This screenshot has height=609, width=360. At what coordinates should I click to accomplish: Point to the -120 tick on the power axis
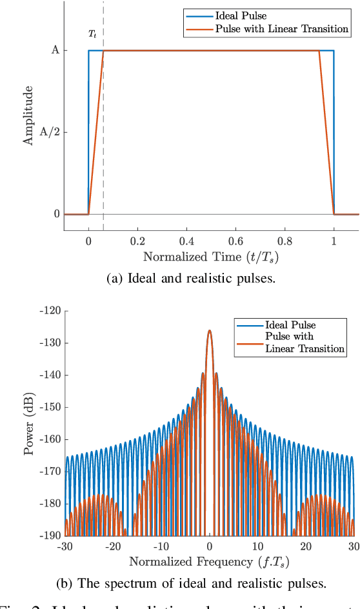point(49,311)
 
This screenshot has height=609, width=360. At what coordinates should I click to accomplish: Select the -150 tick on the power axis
point(49,407)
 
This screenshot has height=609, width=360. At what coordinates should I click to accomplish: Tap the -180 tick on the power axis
point(49,503)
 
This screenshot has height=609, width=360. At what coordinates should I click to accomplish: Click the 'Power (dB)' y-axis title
point(29,423)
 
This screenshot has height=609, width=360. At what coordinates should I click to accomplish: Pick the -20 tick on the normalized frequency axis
point(112,546)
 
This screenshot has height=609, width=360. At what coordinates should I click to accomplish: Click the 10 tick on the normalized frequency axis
point(257,546)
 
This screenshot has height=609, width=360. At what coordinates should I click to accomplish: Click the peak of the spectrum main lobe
point(209,330)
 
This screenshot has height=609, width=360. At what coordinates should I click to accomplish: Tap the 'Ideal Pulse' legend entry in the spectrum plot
point(290,324)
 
